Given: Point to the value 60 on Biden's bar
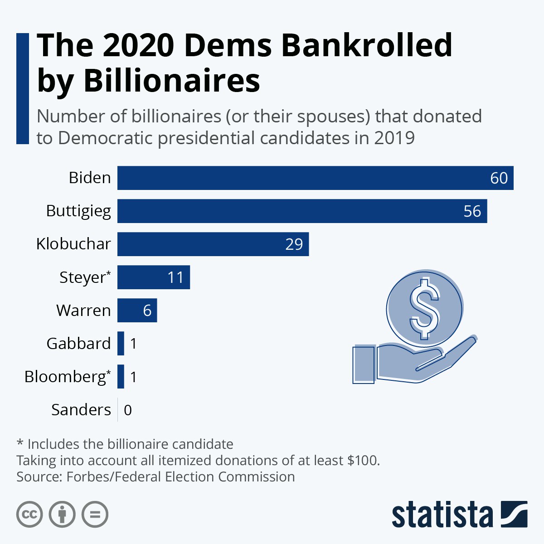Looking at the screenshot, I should (x=499, y=178).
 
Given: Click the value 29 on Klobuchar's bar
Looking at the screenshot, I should (x=294, y=244).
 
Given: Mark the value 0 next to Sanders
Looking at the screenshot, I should (x=128, y=410).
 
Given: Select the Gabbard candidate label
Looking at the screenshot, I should (x=78, y=344).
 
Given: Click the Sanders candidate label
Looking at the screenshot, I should (x=81, y=410).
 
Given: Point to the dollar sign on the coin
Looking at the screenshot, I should (x=424, y=308).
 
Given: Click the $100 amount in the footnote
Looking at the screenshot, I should (x=363, y=460).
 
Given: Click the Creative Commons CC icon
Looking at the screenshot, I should (x=29, y=515).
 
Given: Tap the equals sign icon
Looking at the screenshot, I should (x=95, y=515).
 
